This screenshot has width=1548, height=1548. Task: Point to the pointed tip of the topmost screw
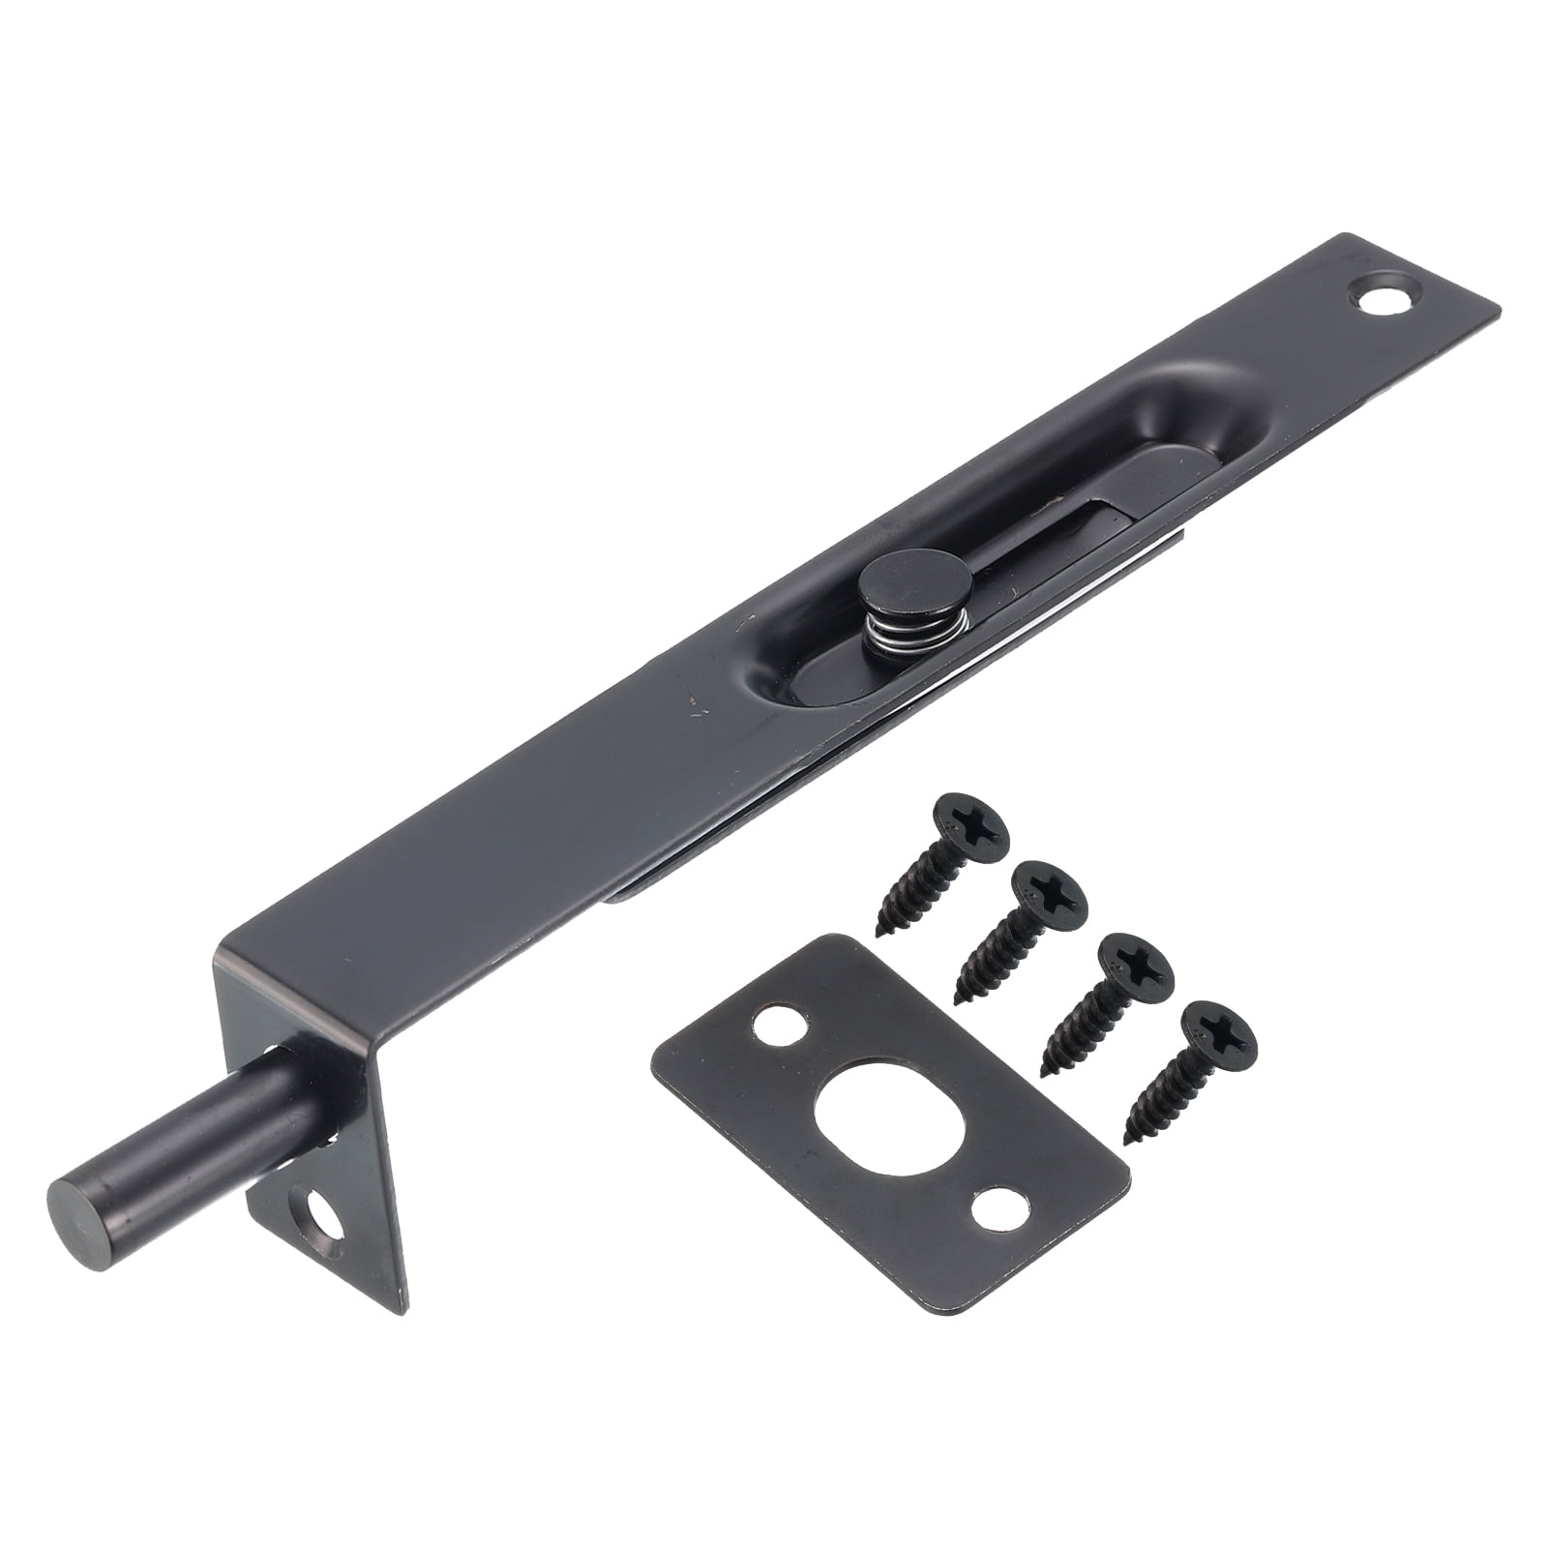click(x=879, y=934)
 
